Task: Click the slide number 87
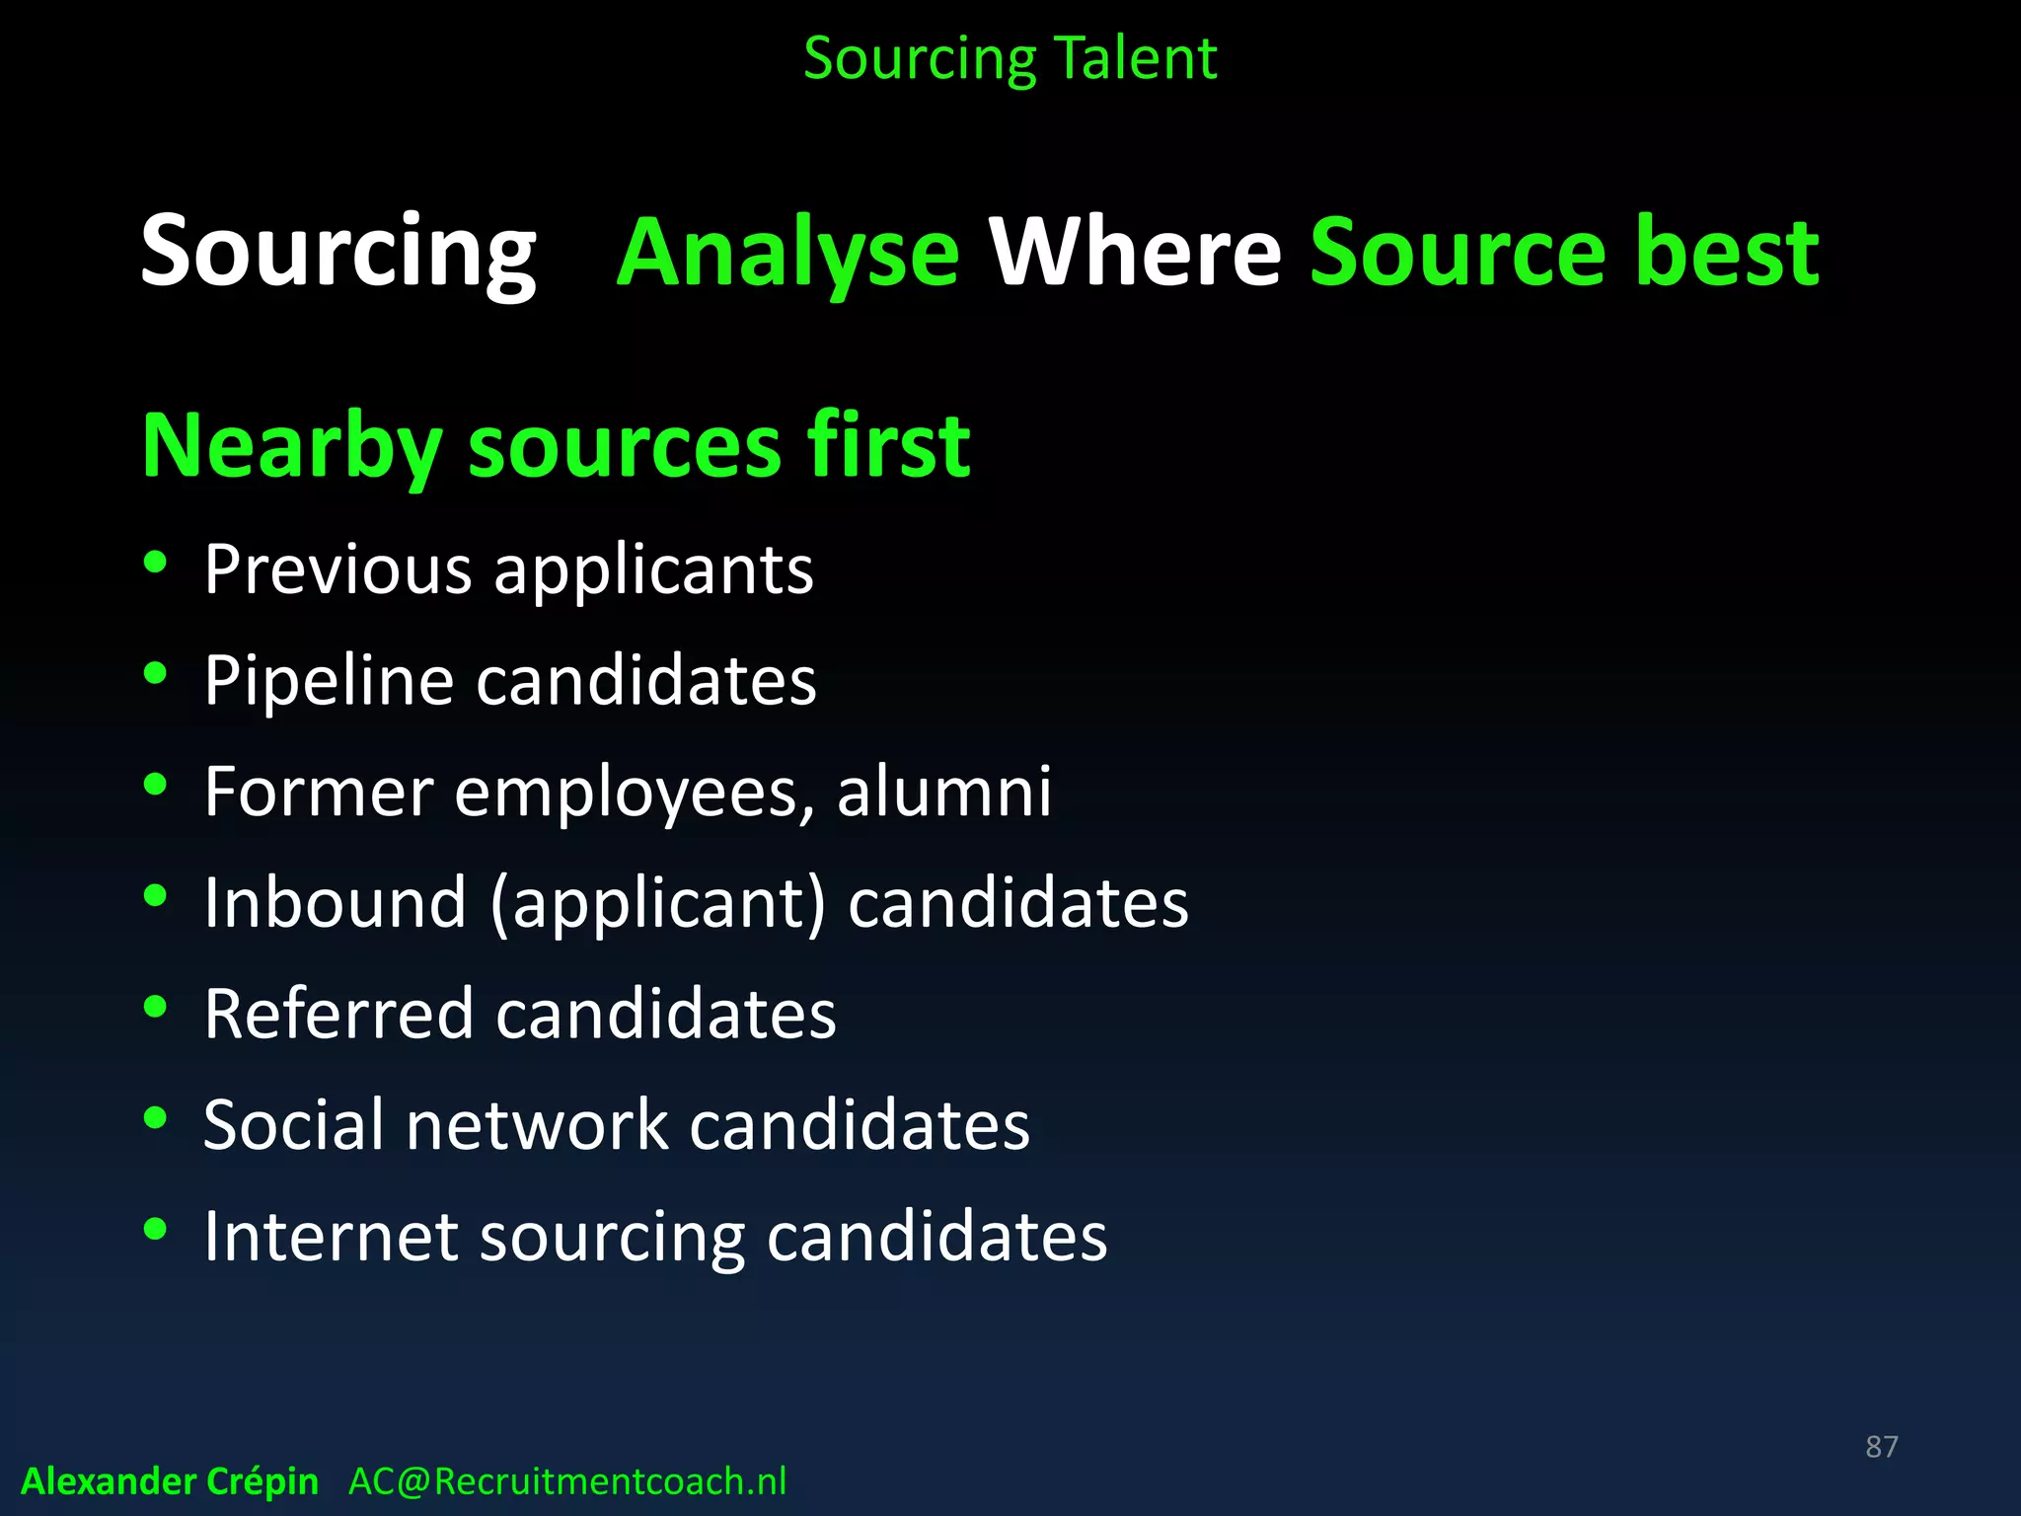click(1881, 1446)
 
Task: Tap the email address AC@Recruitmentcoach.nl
click(567, 1481)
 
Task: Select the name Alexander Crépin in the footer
click(170, 1481)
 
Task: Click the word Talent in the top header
click(1135, 58)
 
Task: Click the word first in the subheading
click(888, 446)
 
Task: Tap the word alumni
click(944, 792)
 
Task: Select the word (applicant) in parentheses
click(657, 903)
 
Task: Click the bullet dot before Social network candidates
click(155, 1118)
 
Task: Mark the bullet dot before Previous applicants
click(155, 563)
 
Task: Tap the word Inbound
click(335, 903)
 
